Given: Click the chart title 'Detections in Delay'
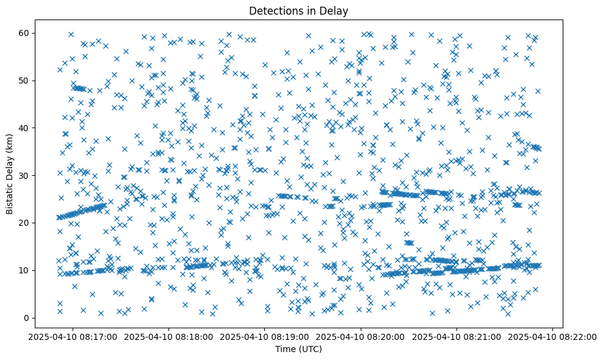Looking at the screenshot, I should [299, 10].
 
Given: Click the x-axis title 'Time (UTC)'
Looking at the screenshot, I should [299, 349].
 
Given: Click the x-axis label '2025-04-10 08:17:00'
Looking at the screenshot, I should [73, 336].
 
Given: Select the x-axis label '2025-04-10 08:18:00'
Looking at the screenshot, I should [169, 336].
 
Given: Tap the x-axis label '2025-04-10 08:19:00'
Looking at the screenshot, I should [265, 336].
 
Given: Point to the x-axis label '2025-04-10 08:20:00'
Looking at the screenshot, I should [361, 336].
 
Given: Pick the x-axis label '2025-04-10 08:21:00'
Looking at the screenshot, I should [457, 336].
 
